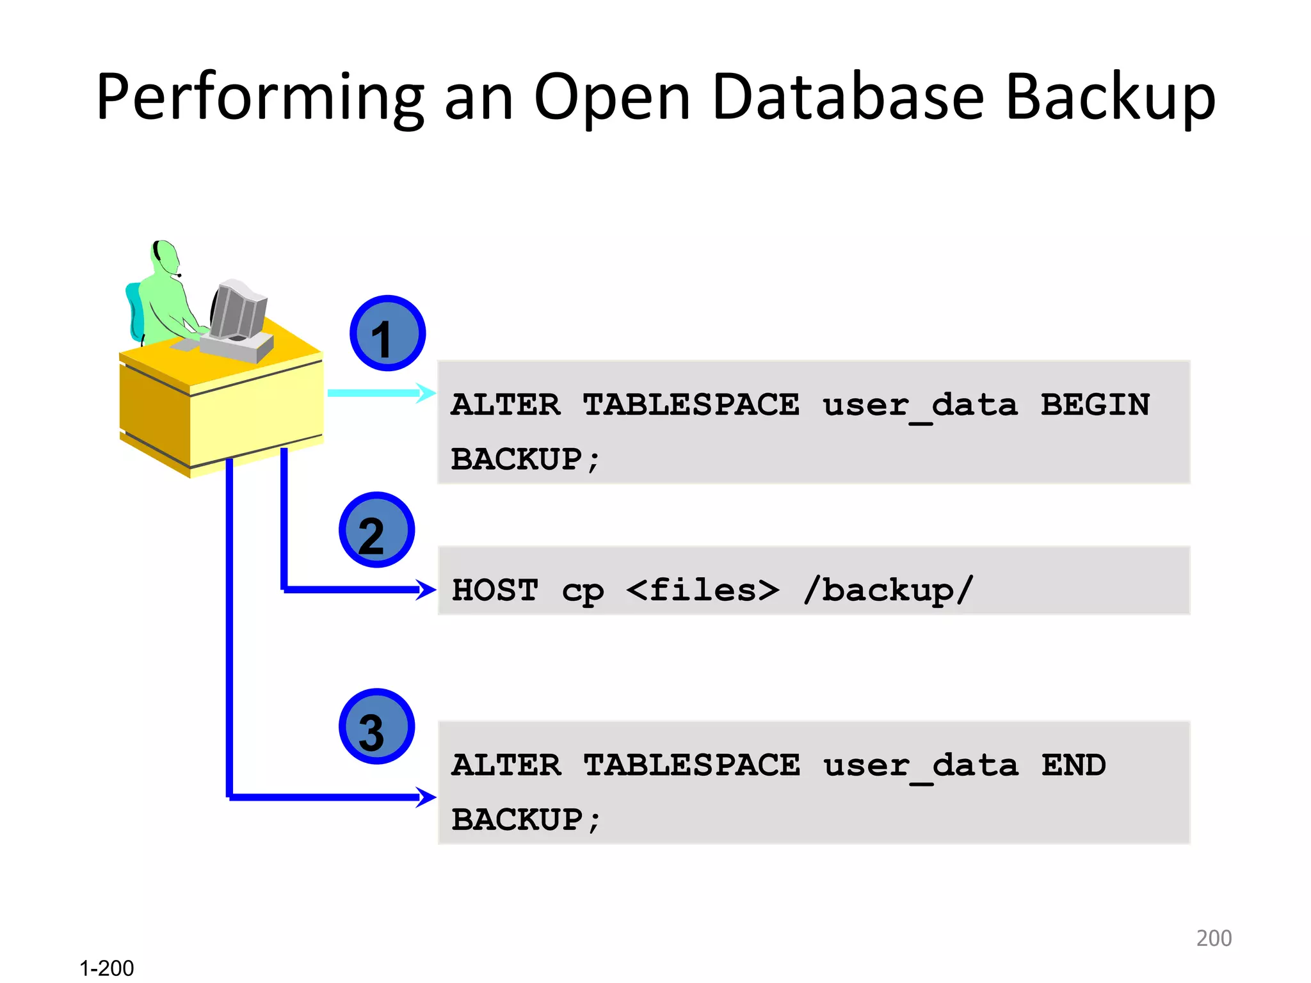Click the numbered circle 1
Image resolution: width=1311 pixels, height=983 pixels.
coord(387,333)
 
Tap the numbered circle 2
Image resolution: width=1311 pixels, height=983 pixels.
coord(376,530)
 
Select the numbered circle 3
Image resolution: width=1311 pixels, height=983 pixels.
coord(376,726)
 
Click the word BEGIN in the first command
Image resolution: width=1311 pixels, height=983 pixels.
coord(1095,404)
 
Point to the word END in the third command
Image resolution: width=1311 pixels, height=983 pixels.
coord(1074,765)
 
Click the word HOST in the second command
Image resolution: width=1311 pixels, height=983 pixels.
coord(495,590)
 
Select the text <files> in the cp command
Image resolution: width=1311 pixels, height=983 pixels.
coord(702,590)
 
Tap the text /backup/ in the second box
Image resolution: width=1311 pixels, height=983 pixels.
coord(889,590)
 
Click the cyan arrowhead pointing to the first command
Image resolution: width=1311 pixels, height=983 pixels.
coord(426,392)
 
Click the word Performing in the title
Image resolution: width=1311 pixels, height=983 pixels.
coord(259,97)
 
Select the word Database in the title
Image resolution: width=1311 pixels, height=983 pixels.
coord(848,97)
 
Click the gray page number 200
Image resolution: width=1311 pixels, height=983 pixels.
coord(1214,938)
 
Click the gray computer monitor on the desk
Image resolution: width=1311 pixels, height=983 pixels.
coord(238,310)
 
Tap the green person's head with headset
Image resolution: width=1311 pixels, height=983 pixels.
coord(165,255)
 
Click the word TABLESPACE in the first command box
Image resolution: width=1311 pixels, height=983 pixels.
coord(691,404)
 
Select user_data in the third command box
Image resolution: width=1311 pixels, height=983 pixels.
coord(920,766)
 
